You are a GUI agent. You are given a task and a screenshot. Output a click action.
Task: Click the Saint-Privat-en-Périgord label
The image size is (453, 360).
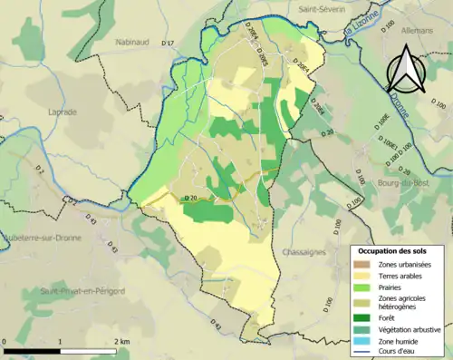click(x=75, y=290)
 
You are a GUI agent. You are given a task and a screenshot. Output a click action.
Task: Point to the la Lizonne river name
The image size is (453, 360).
click(x=361, y=32)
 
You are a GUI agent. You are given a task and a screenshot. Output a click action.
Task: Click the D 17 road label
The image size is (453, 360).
click(x=167, y=44)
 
